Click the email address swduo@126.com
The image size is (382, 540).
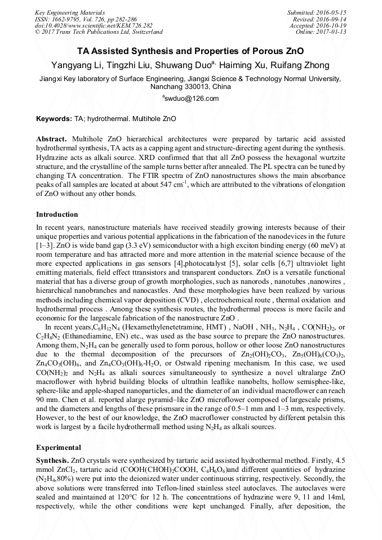tap(183, 99)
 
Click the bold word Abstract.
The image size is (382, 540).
tap(51, 139)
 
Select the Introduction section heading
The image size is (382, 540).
tap(57, 215)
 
